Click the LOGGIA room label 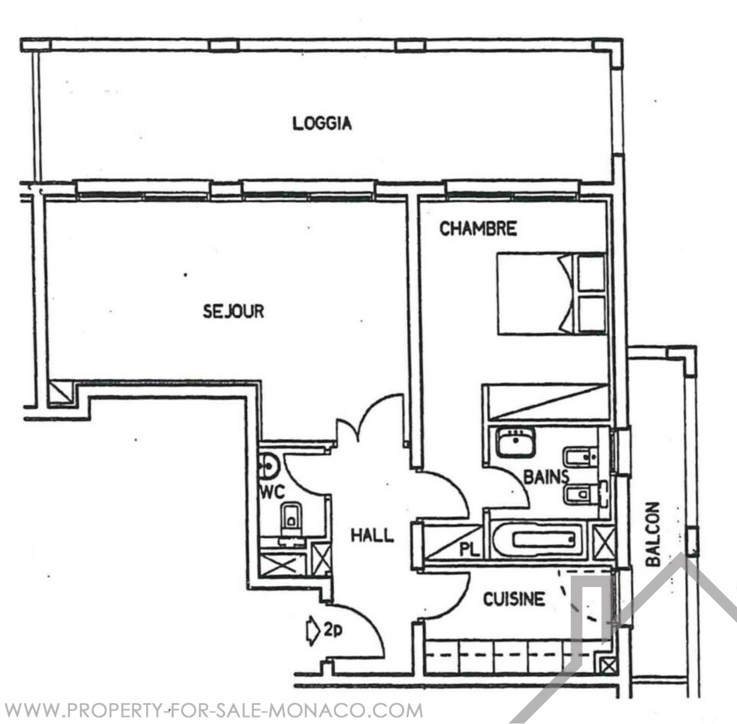pos(322,123)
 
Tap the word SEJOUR pos(233,311)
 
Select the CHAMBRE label pos(478,228)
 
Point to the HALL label pos(372,535)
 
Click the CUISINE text pos(514,599)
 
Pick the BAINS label pos(546,477)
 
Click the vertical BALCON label pos(653,534)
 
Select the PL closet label pos(470,549)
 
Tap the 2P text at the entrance pos(333,630)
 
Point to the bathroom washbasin pos(516,442)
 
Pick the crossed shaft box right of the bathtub pos(604,542)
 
